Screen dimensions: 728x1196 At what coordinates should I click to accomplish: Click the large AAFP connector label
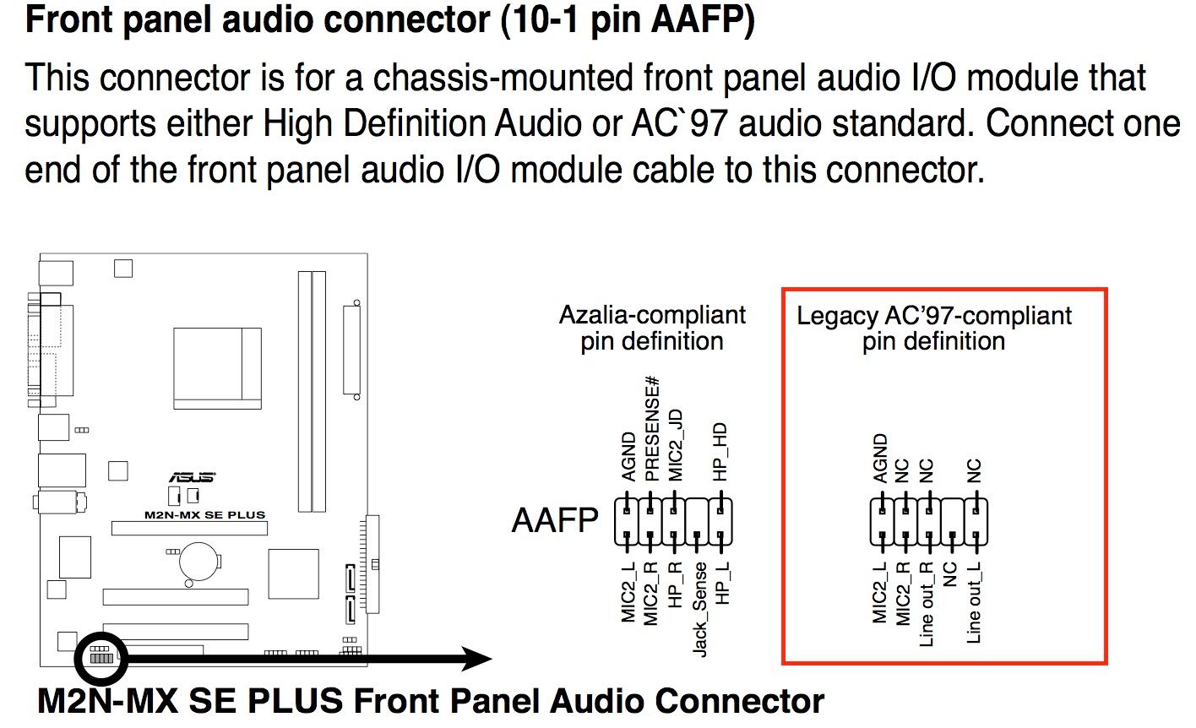554,520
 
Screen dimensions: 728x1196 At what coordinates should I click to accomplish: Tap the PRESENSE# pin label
652,429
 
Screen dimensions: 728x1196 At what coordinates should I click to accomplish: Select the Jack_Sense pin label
699,609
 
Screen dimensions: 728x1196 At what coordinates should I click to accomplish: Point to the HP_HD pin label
720,453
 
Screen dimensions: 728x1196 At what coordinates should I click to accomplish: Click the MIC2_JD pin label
675,445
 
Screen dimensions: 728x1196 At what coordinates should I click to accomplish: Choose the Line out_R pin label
927,605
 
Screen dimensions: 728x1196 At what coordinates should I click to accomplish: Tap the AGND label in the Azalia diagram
628,457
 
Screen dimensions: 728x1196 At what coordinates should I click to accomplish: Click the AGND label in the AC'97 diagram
880,459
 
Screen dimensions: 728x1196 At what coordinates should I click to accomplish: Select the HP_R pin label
675,585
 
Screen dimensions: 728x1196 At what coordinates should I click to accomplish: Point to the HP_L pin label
721,584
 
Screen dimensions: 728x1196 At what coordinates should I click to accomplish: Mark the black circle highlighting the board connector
101,656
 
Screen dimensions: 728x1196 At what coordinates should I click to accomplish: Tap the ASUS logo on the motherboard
193,478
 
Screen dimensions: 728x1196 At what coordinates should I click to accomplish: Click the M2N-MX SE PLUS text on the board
204,514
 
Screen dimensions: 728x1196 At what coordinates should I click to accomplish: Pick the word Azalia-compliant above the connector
652,315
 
